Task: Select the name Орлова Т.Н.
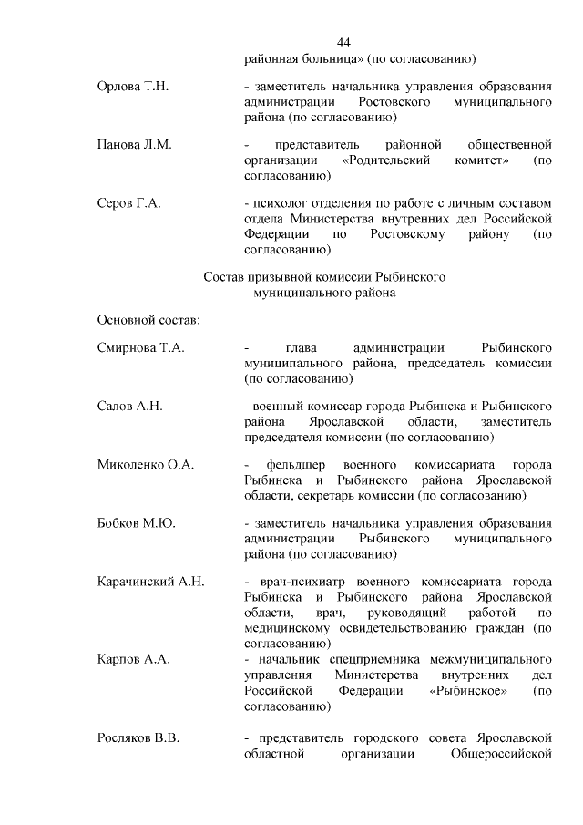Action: (x=133, y=86)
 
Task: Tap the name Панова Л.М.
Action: (x=134, y=145)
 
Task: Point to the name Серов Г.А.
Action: (x=128, y=203)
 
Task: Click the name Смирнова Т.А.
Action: (x=140, y=347)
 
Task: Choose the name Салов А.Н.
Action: (x=129, y=406)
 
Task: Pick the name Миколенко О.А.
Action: (x=146, y=465)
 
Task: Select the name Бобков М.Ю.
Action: (x=137, y=523)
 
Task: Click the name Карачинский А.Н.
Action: (x=151, y=582)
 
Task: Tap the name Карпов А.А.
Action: (x=133, y=656)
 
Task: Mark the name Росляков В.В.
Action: (x=138, y=738)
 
